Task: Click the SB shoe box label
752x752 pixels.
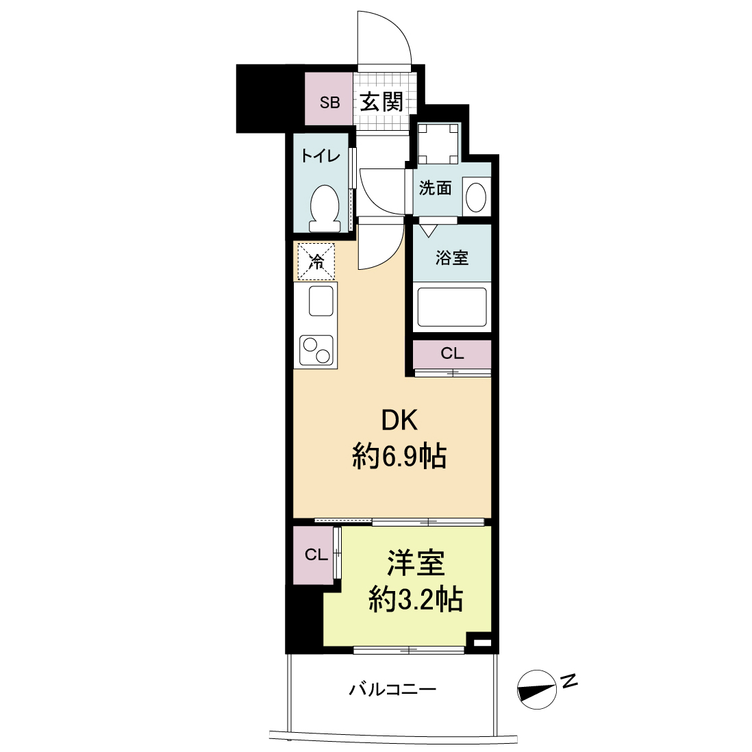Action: click(x=330, y=103)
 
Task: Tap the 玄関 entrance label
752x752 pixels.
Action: click(x=381, y=101)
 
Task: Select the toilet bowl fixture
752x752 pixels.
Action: click(x=325, y=209)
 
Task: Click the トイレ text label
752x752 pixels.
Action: click(x=321, y=156)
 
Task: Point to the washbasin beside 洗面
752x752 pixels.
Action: click(x=476, y=197)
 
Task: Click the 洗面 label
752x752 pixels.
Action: click(x=436, y=188)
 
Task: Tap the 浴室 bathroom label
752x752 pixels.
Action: click(x=452, y=258)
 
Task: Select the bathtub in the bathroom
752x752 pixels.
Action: click(x=452, y=307)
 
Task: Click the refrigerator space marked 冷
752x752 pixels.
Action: click(x=316, y=262)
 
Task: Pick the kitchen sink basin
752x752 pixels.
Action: click(x=321, y=301)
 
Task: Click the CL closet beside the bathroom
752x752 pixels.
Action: click(x=452, y=354)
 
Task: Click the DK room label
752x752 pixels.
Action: click(x=399, y=420)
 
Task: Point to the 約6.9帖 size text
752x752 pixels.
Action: click(x=399, y=456)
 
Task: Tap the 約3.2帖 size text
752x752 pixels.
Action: click(x=415, y=599)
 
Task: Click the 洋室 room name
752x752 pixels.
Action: click(x=416, y=563)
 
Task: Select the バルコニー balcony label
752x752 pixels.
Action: click(x=392, y=690)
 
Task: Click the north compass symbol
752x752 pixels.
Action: click(x=537, y=690)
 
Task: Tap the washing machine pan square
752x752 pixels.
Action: click(x=438, y=143)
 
